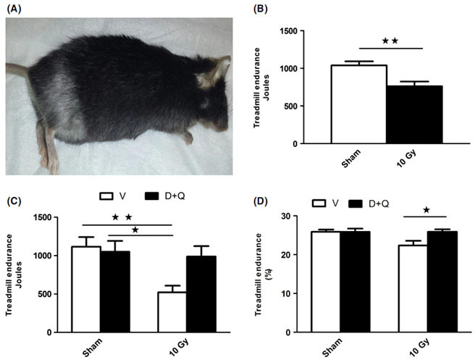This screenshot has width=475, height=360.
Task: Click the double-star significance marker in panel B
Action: (x=390, y=41)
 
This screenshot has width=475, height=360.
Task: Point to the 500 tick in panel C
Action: (x=55, y=294)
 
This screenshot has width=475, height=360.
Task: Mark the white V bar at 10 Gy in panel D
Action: (x=411, y=288)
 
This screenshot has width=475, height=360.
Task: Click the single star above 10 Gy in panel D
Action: (x=426, y=210)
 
